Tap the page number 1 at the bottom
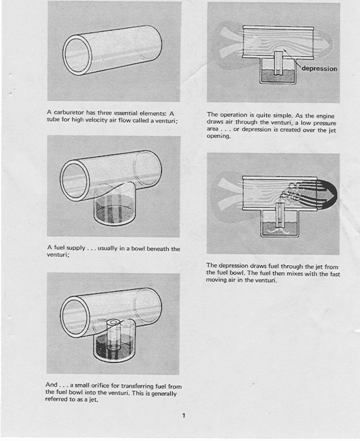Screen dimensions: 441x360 [x=183, y=415]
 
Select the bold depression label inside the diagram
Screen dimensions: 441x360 [x=319, y=69]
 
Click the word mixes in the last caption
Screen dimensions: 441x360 [x=276, y=273]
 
